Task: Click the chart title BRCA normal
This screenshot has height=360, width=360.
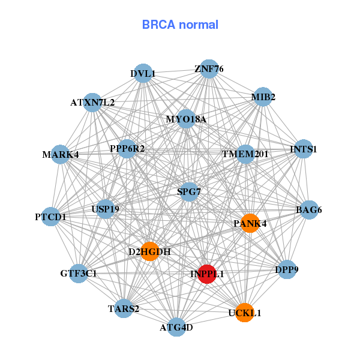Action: point(180,25)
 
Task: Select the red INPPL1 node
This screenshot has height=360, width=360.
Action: point(207,274)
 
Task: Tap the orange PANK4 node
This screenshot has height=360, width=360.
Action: point(250,223)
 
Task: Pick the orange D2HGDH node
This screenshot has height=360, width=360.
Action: point(149,251)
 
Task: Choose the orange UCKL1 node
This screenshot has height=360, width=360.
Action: point(244,313)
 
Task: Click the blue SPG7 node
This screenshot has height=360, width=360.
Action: point(189,192)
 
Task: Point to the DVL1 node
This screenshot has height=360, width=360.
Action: point(142,74)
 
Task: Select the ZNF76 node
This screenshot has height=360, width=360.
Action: point(209,69)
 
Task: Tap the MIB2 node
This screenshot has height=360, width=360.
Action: point(263,97)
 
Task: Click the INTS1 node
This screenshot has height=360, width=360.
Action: point(303,149)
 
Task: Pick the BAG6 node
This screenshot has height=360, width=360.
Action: point(309,210)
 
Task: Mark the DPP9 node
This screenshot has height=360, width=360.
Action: point(286,271)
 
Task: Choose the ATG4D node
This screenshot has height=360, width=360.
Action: point(176,327)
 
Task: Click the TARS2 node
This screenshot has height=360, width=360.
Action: point(124,309)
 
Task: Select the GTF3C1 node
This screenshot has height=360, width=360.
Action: point(79,274)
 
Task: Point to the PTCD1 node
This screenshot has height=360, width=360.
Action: point(51,216)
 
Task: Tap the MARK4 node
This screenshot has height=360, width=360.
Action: point(60,155)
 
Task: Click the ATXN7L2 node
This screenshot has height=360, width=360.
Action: point(92,103)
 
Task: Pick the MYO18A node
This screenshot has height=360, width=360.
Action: point(186,119)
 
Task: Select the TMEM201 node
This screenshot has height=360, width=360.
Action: point(245,154)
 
